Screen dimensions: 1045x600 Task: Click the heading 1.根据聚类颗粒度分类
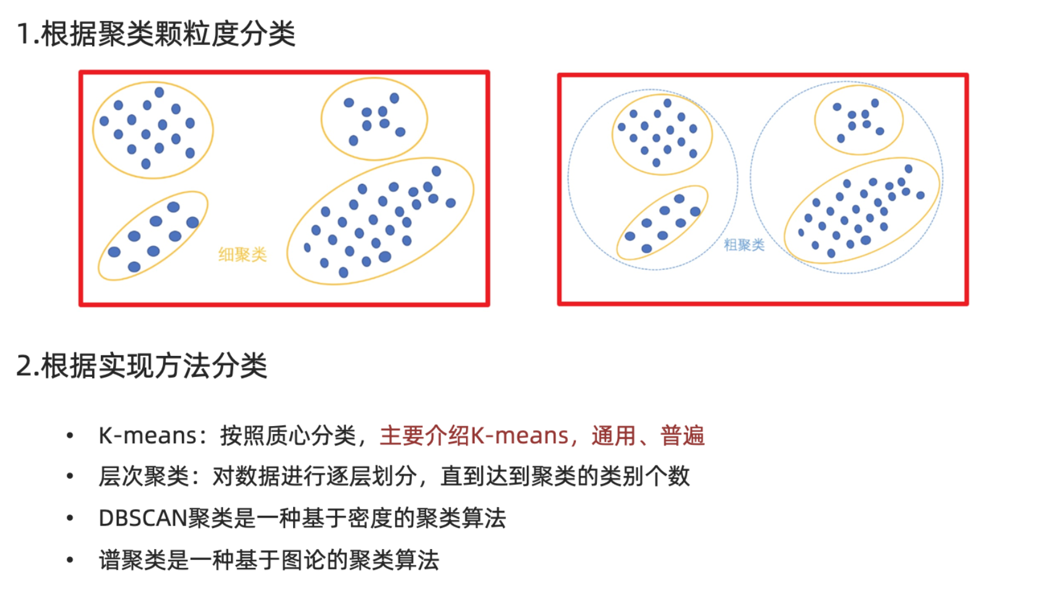[156, 34]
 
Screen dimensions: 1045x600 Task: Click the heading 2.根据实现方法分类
[142, 366]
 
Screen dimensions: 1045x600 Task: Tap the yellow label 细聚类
[242, 255]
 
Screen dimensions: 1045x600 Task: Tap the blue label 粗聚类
[744, 245]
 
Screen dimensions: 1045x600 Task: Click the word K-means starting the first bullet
[148, 436]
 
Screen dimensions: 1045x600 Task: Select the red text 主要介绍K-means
[474, 436]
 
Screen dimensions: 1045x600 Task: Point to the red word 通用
[613, 436]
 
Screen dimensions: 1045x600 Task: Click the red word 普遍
[682, 436]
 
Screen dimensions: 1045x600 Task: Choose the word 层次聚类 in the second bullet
[144, 476]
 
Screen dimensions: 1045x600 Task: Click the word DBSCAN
[143, 518]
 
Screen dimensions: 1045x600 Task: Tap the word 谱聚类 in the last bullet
[132, 560]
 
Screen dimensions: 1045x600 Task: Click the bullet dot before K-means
[70, 436]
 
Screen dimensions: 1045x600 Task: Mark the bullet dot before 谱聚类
[70, 560]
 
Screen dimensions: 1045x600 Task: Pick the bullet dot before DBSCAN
[70, 518]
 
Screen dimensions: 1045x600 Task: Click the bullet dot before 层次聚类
[70, 476]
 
